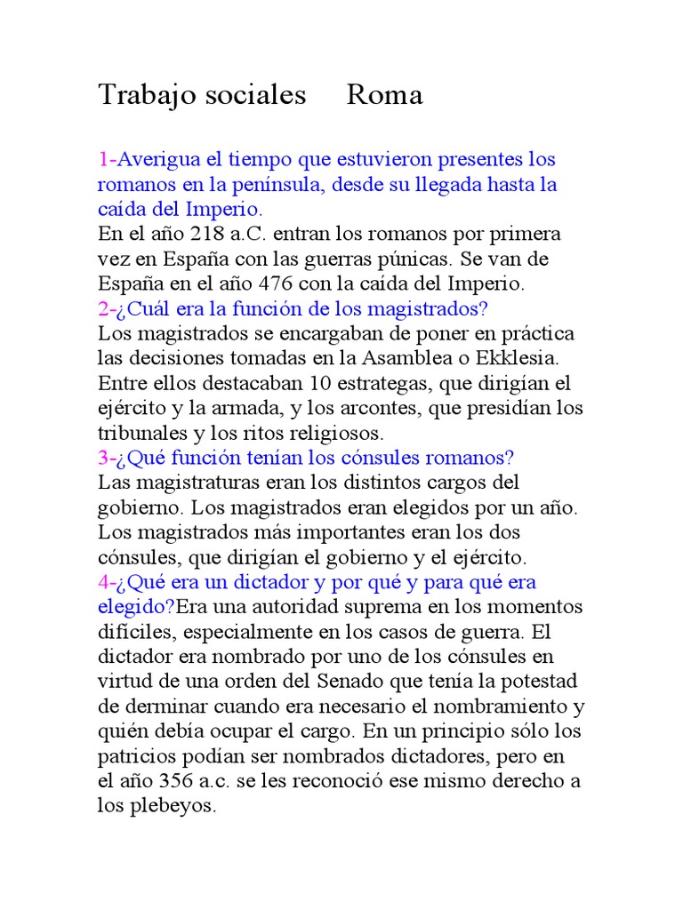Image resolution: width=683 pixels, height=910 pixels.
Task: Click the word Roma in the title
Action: pyautogui.click(x=384, y=95)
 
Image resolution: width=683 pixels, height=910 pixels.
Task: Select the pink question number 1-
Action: pyautogui.click(x=107, y=160)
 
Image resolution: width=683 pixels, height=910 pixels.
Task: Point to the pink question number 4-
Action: pyautogui.click(x=107, y=583)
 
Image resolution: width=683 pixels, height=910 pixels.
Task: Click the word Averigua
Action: pyautogui.click(x=159, y=160)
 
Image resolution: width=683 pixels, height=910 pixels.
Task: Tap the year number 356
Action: pyautogui.click(x=177, y=782)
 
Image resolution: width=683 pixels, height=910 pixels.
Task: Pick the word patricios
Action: pyautogui.click(x=133, y=757)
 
